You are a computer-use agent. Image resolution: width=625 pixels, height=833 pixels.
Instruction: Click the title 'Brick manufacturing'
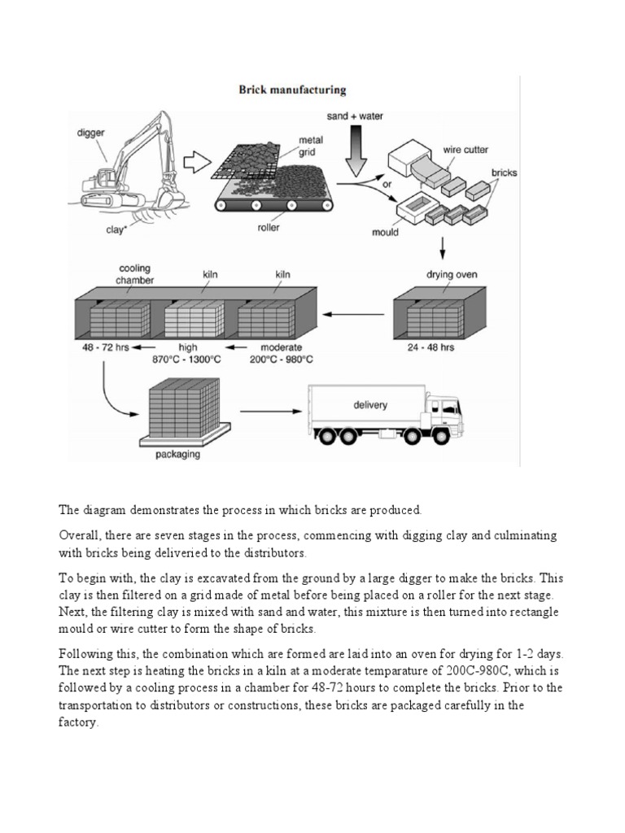(291, 90)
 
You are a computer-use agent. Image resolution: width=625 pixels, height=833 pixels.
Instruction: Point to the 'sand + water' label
(354, 117)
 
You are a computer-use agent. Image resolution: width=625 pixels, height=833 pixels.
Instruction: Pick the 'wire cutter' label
(465, 150)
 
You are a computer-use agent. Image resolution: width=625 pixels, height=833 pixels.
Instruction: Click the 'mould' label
(385, 232)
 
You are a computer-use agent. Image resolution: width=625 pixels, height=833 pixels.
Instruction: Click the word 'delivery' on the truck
(370, 404)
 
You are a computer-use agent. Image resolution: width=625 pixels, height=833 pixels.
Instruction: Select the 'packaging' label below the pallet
(177, 455)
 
